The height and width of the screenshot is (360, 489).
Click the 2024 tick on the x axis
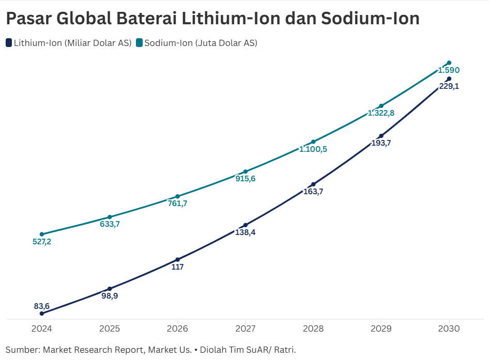point(41,328)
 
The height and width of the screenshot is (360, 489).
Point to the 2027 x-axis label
point(245,328)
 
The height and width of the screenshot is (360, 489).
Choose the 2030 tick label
point(449,328)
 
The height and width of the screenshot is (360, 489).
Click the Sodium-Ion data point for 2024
point(42,234)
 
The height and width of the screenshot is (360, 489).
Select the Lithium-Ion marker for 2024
point(42,313)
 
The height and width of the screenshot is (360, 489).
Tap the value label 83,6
point(42,306)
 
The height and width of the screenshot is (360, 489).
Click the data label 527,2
point(42,241)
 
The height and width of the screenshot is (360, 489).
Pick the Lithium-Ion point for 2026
point(177,260)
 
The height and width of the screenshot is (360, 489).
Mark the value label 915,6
point(245,179)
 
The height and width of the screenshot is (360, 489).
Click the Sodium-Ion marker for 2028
point(313,142)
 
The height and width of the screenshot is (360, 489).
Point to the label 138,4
point(245,232)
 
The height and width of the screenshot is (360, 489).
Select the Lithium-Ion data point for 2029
point(381,136)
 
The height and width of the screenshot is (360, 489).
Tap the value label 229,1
point(449,86)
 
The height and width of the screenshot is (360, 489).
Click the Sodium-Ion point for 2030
point(449,63)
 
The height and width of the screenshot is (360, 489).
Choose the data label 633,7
point(110,224)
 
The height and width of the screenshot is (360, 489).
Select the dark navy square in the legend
point(9,43)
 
